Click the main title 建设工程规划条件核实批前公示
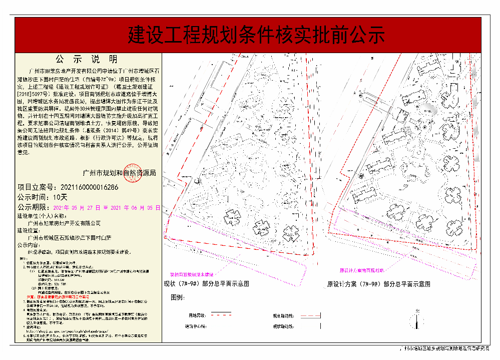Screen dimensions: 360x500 pos(256,35)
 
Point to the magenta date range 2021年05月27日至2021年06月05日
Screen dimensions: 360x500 pos(106,207)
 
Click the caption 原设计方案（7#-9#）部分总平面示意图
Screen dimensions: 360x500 pos(378,284)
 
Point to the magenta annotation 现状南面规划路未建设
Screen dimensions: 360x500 pos(192,275)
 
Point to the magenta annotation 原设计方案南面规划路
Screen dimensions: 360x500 pos(361,270)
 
